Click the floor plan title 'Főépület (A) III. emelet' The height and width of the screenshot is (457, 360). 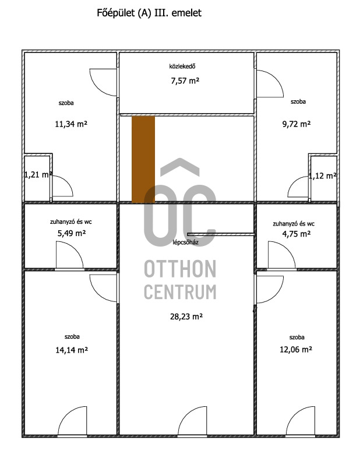pyautogui.click(x=149, y=13)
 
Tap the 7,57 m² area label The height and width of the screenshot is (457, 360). pyautogui.click(x=185, y=80)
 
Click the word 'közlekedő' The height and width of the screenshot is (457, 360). pyautogui.click(x=182, y=66)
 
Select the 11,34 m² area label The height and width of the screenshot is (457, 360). pyautogui.click(x=71, y=124)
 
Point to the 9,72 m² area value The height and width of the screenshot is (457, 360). pyautogui.click(x=296, y=124)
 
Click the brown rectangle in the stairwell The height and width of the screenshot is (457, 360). pyautogui.click(x=143, y=159)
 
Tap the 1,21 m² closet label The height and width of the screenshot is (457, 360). pyautogui.click(x=38, y=175)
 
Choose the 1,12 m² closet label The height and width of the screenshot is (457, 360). pyautogui.click(x=323, y=176)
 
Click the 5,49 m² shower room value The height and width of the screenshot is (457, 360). pyautogui.click(x=71, y=233)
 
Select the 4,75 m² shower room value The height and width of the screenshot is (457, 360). pyautogui.click(x=296, y=234)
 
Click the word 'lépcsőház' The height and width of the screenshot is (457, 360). pyautogui.click(x=185, y=242)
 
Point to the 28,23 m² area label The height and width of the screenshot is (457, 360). pyautogui.click(x=186, y=317)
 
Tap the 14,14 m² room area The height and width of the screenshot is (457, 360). pyautogui.click(x=72, y=350)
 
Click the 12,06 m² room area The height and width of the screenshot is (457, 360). pyautogui.click(x=296, y=350)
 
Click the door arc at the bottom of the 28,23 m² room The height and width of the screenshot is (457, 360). pyautogui.click(x=187, y=416)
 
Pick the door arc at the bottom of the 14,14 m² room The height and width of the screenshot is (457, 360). pyautogui.click(x=67, y=416)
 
